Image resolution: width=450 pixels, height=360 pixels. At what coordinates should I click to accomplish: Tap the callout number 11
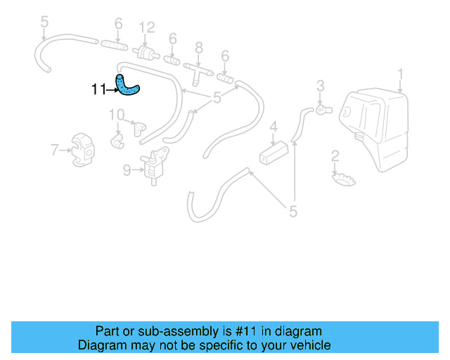pos(98,89)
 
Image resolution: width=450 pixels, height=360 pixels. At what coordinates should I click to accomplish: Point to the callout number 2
pos(335,155)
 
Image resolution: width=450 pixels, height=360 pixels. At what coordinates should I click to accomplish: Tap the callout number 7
pos(54,149)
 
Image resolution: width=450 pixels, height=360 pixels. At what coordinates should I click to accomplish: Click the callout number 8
pos(199,47)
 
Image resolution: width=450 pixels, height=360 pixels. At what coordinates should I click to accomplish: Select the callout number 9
pos(127,169)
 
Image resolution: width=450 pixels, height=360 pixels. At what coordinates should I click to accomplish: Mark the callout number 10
pos(116,115)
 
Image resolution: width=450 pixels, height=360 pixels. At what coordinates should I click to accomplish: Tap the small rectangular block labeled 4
pos(273,152)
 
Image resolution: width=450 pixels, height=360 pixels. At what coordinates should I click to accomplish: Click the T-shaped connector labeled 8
pos(196,70)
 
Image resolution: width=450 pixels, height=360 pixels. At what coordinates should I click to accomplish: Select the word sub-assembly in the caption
pos(185,331)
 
